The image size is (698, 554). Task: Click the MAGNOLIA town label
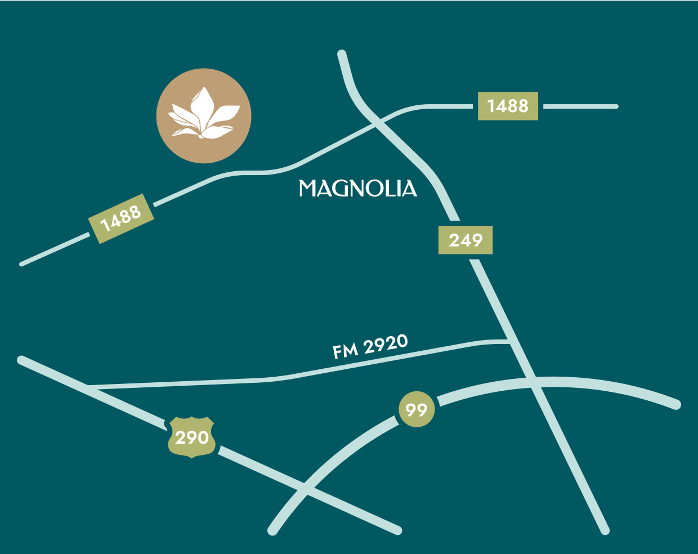[x=357, y=188]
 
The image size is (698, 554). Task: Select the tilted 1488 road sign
[x=121, y=218]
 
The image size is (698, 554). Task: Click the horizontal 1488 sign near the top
[x=508, y=106]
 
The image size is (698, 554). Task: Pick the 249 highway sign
[x=466, y=240]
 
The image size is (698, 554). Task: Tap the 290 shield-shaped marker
[x=192, y=437]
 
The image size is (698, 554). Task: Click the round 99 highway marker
[x=417, y=409]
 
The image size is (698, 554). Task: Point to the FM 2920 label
[x=370, y=346]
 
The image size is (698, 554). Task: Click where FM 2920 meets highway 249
[x=509, y=341]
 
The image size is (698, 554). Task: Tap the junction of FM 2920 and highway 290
[x=89, y=386]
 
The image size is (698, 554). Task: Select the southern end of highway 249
[x=605, y=530]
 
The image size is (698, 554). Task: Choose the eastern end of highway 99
[x=677, y=404]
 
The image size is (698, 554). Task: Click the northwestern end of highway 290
[x=21, y=359]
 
